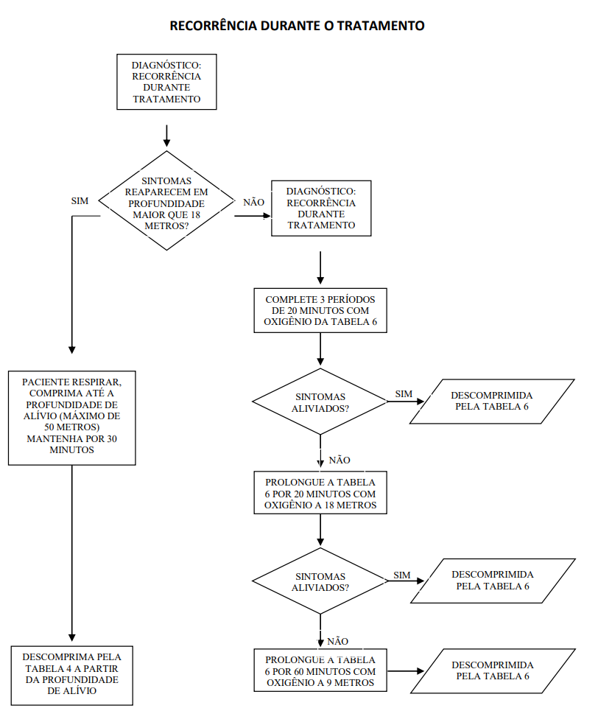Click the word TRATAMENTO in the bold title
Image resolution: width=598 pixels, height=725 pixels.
(x=380, y=26)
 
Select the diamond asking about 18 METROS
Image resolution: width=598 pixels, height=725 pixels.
(x=166, y=200)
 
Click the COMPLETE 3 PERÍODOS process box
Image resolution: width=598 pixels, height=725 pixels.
(x=320, y=311)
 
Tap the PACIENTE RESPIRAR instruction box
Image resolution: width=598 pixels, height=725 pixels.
(x=71, y=418)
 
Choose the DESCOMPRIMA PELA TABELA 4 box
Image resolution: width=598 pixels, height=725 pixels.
(x=71, y=676)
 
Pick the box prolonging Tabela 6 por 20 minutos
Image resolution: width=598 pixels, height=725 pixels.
(x=320, y=493)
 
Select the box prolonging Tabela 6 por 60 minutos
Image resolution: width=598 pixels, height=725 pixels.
(x=320, y=670)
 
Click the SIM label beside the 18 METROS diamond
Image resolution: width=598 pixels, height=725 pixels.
(x=80, y=200)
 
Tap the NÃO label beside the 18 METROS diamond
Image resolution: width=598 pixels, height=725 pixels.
(x=254, y=202)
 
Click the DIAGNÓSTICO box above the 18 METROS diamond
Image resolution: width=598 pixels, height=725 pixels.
(x=166, y=82)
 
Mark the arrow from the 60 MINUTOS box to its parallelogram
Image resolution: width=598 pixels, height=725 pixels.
(x=406, y=671)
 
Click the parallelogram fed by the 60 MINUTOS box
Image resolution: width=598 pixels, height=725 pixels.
(x=493, y=671)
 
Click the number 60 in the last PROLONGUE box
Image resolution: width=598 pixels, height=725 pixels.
(x=300, y=671)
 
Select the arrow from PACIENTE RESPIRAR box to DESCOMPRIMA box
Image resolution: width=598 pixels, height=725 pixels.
(x=71, y=553)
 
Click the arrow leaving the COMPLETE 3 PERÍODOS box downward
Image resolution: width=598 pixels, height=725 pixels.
(x=320, y=349)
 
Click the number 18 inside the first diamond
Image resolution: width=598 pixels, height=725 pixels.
(x=195, y=215)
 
